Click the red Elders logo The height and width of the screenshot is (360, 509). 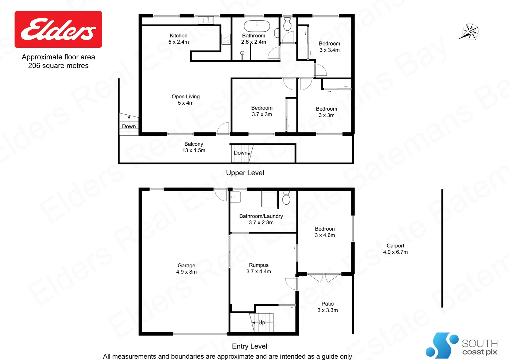58,29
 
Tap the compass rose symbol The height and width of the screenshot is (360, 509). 470,32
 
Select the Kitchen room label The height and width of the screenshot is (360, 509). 179,36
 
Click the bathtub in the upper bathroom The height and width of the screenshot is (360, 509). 256,26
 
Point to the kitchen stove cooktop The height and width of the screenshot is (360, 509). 226,39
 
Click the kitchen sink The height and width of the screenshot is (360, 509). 206,20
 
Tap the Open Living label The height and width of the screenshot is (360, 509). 186,97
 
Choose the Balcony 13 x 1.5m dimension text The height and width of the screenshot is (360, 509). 194,150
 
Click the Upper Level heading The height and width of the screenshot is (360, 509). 245,173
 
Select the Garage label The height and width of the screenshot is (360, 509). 186,266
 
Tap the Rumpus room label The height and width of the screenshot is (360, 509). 258,265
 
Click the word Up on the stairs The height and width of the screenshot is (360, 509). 262,322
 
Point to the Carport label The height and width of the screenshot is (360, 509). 395,246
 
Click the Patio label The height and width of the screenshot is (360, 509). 327,304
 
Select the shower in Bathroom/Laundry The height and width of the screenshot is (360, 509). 269,199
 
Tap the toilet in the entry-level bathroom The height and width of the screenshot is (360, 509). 286,198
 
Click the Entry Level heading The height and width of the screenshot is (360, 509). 250,346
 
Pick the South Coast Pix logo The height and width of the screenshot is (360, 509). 461,346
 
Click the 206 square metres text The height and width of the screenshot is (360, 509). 58,66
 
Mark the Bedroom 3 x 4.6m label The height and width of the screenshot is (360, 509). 325,232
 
